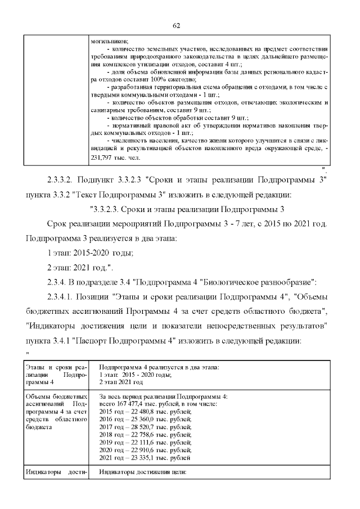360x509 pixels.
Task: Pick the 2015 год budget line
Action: (145, 412)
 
